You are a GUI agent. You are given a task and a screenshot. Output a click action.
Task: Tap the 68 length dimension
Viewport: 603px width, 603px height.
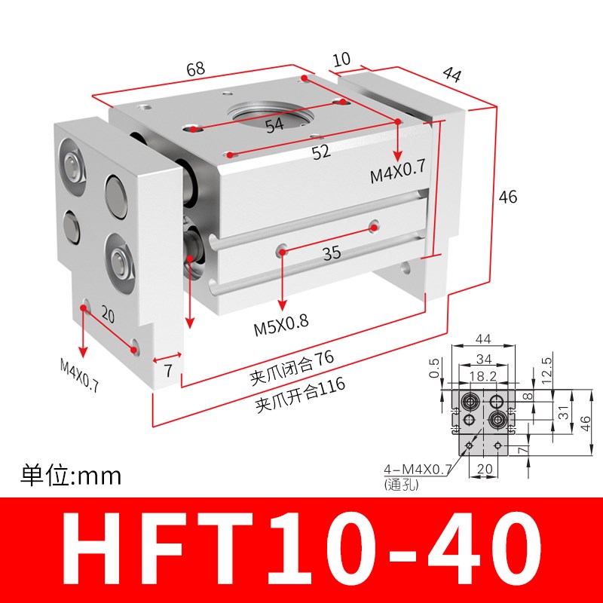(x=195, y=69)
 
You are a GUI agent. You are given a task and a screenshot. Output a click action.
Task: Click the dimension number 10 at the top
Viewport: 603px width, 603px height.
(x=341, y=59)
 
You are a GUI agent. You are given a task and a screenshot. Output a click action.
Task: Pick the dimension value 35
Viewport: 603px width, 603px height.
(x=332, y=253)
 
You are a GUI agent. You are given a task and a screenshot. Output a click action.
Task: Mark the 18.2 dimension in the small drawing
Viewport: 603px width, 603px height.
(x=482, y=376)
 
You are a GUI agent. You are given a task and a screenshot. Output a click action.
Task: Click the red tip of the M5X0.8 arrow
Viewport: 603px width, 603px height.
(x=281, y=305)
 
